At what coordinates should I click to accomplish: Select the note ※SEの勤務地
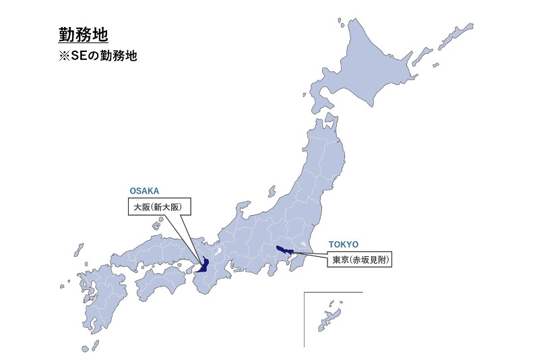tap(98, 57)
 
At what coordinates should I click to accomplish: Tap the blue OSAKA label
tap(144, 191)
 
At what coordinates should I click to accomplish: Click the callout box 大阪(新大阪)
tap(159, 206)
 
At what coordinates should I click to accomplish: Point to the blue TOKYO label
tap(344, 244)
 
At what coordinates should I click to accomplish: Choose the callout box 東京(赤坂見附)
tap(362, 259)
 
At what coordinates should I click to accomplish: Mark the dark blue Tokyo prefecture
tap(286, 251)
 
